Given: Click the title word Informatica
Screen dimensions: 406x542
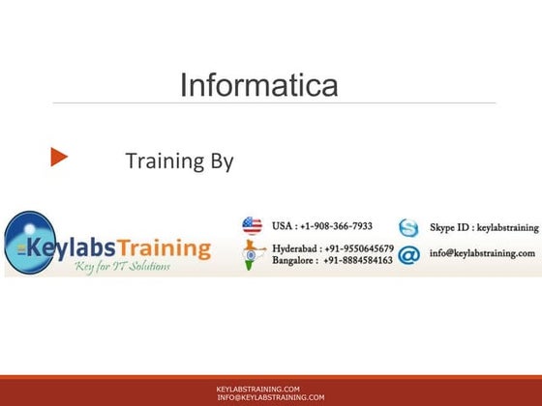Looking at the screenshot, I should (x=259, y=84).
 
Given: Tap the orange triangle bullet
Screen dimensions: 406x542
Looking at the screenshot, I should (x=59, y=157).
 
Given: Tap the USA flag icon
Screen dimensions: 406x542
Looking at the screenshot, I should (x=253, y=227).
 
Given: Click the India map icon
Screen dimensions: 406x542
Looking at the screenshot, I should (x=253, y=254).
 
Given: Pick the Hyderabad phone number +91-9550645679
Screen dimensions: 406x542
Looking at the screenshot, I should (x=358, y=248).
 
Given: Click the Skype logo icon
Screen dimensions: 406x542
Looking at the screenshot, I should (x=409, y=228).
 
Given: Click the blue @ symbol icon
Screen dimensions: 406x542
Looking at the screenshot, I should (x=408, y=255).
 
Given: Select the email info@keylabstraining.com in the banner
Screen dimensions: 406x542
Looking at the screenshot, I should (x=482, y=253).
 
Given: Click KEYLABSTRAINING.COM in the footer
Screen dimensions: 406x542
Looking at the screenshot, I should (x=257, y=389).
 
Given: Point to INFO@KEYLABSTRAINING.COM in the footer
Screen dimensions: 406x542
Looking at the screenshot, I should (x=271, y=397).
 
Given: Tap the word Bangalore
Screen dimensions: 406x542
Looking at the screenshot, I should (x=296, y=261).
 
